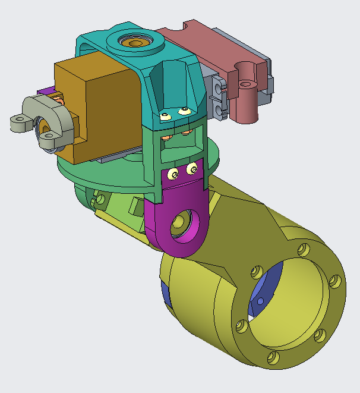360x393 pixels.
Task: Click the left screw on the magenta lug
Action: point(173,174)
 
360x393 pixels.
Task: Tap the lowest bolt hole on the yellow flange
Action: point(273,357)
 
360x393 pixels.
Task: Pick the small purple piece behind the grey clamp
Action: point(45,92)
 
